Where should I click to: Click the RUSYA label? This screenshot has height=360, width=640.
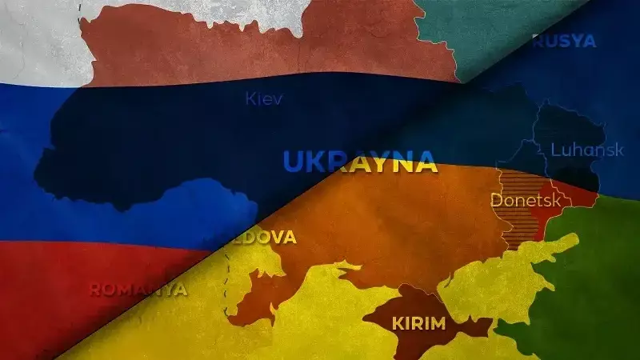[565, 41]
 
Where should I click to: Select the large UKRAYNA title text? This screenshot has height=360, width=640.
[360, 161]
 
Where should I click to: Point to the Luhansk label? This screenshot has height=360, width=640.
[587, 150]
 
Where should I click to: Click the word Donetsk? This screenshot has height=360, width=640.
[526, 199]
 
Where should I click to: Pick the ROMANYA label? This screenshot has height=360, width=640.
[138, 289]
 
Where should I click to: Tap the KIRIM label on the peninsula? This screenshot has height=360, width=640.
[420, 324]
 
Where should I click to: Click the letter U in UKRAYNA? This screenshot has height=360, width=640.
[294, 161]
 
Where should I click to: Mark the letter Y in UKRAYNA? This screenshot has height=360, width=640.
[377, 161]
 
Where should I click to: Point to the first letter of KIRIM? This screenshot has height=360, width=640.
[397, 324]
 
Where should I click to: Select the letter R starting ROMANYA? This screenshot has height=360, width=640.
[94, 289]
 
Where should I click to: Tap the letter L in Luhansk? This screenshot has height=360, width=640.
[556, 149]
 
